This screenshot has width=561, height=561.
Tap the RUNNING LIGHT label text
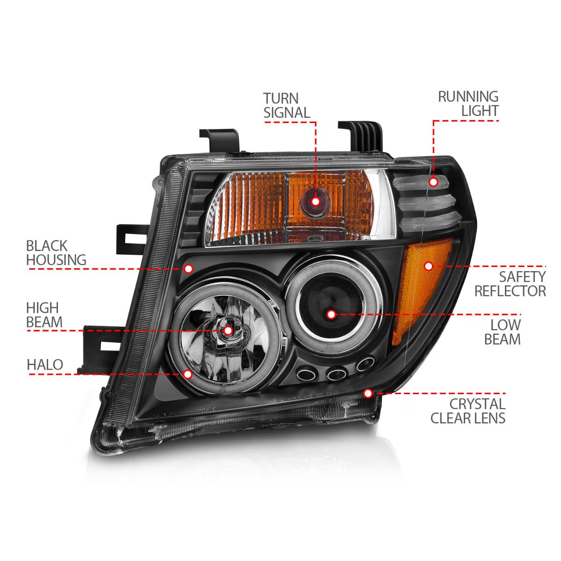tap(468, 103)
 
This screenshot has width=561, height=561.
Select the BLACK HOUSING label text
tap(56, 252)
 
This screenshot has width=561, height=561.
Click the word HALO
tap(45, 365)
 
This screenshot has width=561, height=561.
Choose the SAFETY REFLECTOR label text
tap(510, 284)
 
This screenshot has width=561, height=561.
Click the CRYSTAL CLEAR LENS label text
tap(468, 410)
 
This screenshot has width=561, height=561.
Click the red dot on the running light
tap(433, 182)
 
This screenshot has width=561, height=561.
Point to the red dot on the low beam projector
tap(331, 314)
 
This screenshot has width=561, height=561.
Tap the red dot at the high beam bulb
tap(228, 331)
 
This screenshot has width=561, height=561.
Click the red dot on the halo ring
tap(188, 374)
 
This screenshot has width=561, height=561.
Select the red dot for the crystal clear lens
tap(368, 393)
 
